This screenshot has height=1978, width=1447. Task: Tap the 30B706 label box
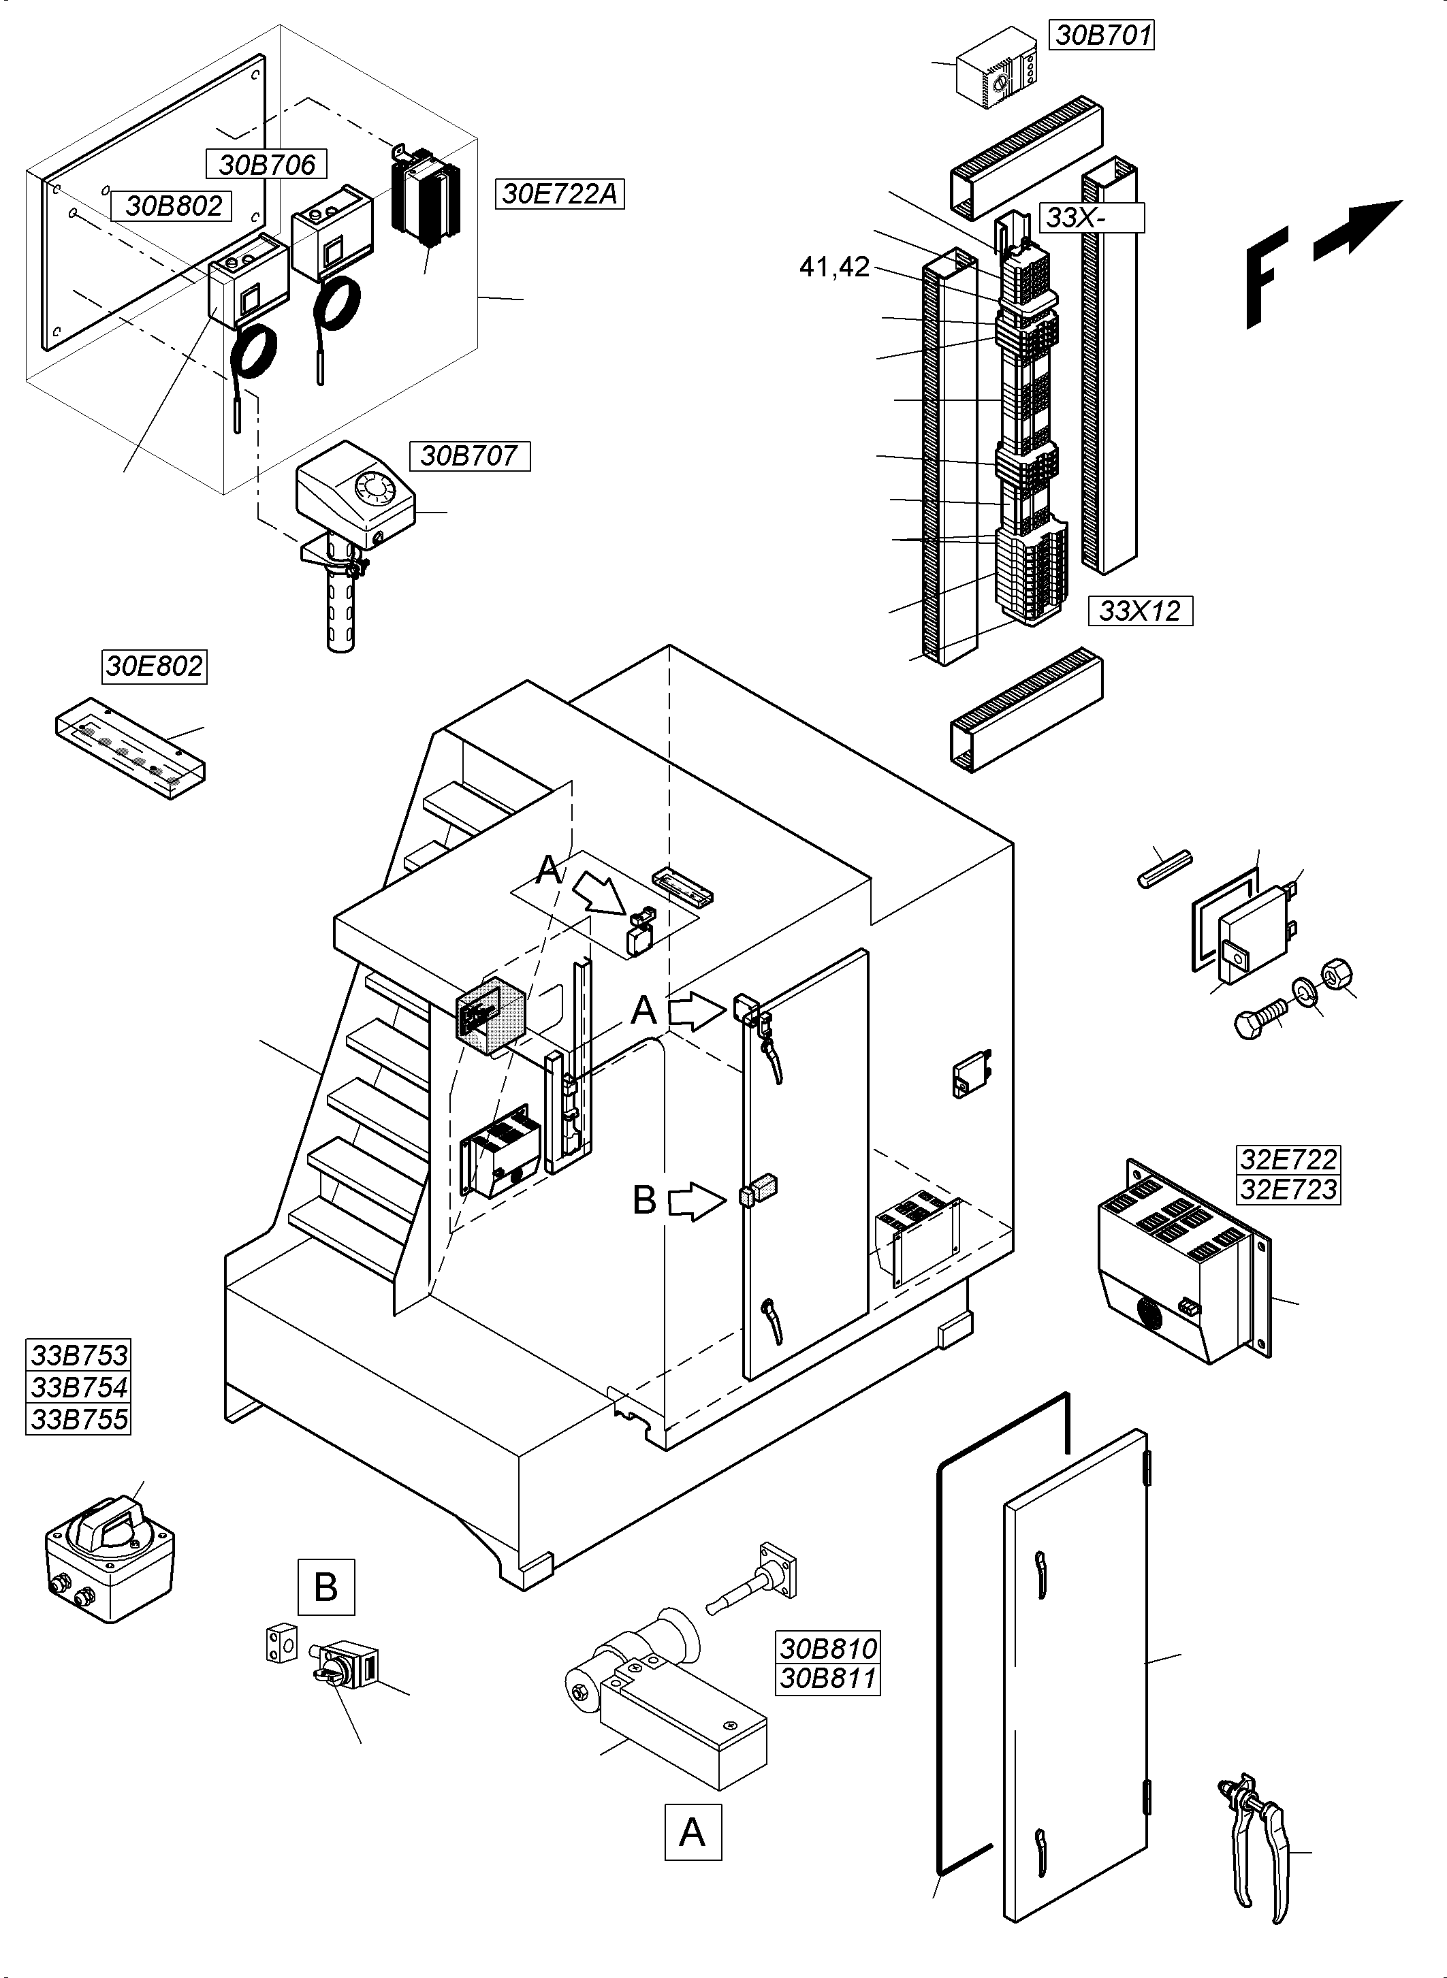point(266,164)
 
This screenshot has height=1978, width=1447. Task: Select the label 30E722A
point(559,193)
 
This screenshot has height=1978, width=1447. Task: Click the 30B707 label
point(468,455)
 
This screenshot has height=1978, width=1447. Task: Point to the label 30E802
point(154,666)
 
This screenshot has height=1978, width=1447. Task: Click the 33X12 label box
point(1140,611)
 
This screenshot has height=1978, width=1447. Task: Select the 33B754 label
point(79,1387)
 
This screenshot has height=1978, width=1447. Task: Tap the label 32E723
point(1288,1190)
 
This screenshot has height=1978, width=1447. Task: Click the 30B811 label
point(828,1679)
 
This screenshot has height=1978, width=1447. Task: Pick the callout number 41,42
point(834,267)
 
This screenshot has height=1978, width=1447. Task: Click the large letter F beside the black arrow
point(1267,276)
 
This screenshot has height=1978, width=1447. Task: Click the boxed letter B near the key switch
point(326,1587)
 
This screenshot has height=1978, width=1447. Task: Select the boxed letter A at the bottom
point(692,1832)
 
